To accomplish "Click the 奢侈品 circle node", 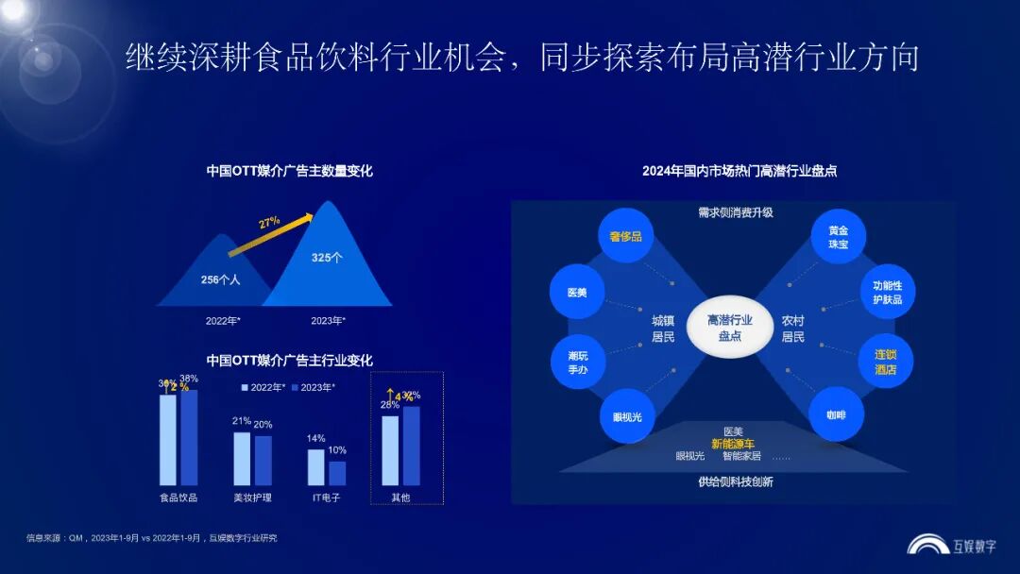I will [x=626, y=236].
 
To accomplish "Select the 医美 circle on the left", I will [x=577, y=293].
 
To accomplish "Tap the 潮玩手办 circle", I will [x=577, y=362].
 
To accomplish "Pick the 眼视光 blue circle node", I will [x=626, y=415].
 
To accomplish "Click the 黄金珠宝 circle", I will [x=838, y=236].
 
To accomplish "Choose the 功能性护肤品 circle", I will [x=887, y=292].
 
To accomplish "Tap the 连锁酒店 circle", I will [x=885, y=362].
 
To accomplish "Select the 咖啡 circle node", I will [x=837, y=415].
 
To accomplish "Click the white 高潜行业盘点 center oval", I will [x=730, y=328].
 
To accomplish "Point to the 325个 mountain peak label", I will [x=327, y=257].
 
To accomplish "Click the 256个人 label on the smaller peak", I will [x=221, y=279].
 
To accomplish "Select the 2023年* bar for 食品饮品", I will [x=189, y=437].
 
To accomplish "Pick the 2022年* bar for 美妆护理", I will [x=242, y=458].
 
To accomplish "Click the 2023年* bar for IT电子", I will [x=337, y=472].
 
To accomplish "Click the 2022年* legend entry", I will [x=263, y=387].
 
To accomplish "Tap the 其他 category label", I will [x=400, y=497].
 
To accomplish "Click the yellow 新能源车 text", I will [x=733, y=443].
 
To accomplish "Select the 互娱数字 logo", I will [x=951, y=545].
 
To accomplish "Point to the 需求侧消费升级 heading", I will [x=735, y=212].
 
